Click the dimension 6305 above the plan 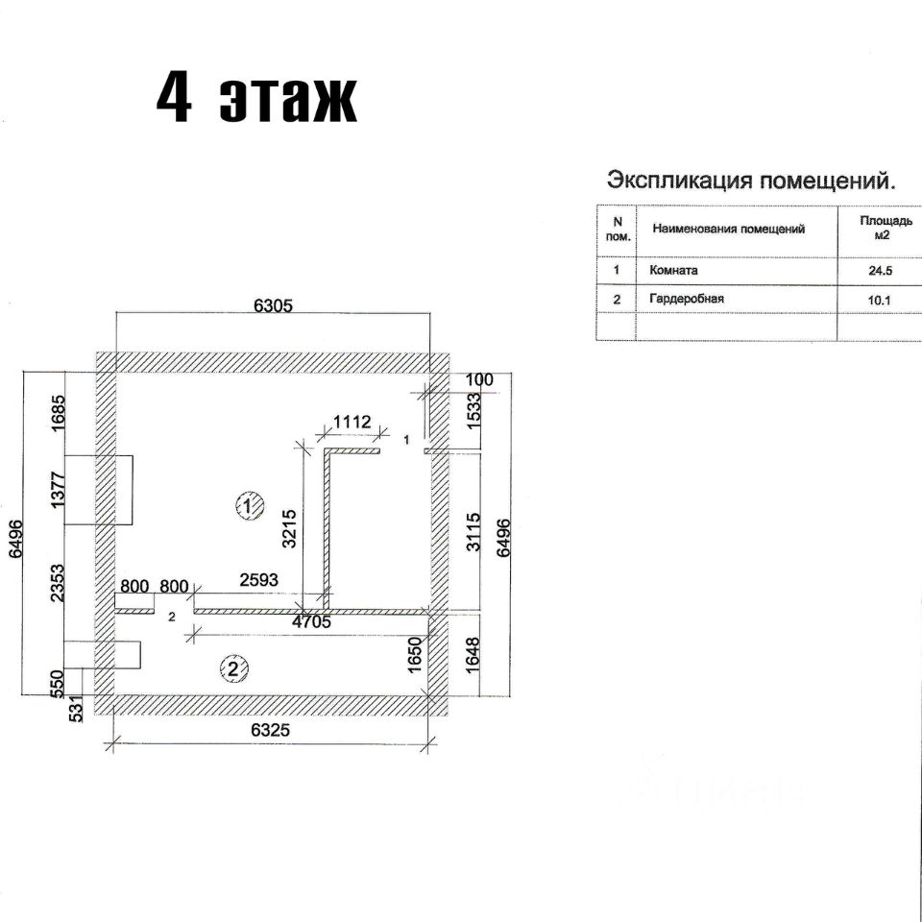(x=273, y=305)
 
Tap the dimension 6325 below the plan (x=271, y=730)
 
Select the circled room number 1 (x=249, y=506)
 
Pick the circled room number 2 (x=234, y=668)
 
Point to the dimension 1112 (x=352, y=422)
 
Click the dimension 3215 (x=289, y=528)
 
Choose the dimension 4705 (x=311, y=621)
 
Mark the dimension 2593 (x=258, y=580)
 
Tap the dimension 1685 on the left (x=59, y=413)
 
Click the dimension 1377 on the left (x=59, y=490)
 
